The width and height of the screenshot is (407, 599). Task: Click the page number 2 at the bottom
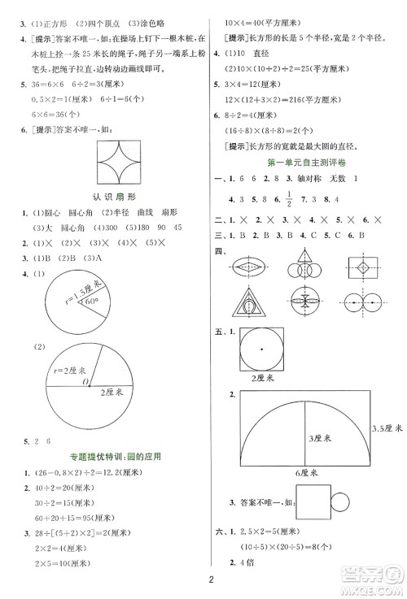point(209,579)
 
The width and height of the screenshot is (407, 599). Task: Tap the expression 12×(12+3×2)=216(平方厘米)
point(282,98)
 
